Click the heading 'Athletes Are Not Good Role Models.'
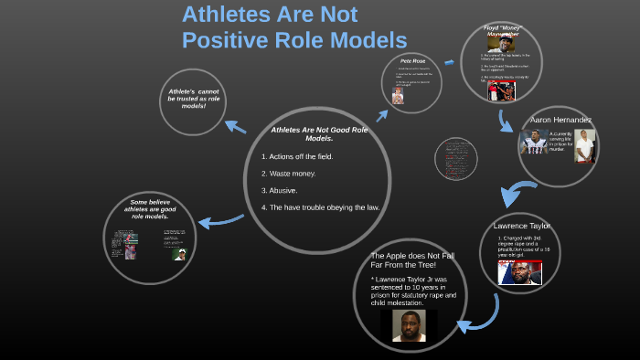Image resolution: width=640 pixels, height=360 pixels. (x=319, y=134)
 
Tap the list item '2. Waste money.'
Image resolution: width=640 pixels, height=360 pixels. (x=289, y=174)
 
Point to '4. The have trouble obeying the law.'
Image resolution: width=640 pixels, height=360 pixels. (x=320, y=207)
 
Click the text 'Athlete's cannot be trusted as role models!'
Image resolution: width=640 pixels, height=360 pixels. (x=193, y=99)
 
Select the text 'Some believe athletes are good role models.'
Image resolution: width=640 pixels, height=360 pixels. (x=148, y=209)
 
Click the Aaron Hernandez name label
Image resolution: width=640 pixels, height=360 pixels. (x=560, y=120)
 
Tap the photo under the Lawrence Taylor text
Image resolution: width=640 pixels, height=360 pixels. (x=519, y=272)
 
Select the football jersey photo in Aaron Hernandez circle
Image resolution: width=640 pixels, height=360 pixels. (x=535, y=143)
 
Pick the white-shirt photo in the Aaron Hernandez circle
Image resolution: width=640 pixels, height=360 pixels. (x=585, y=145)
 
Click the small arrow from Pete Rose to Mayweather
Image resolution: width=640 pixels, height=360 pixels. (x=449, y=62)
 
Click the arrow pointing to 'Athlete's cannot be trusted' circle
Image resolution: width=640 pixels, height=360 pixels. (x=234, y=127)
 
